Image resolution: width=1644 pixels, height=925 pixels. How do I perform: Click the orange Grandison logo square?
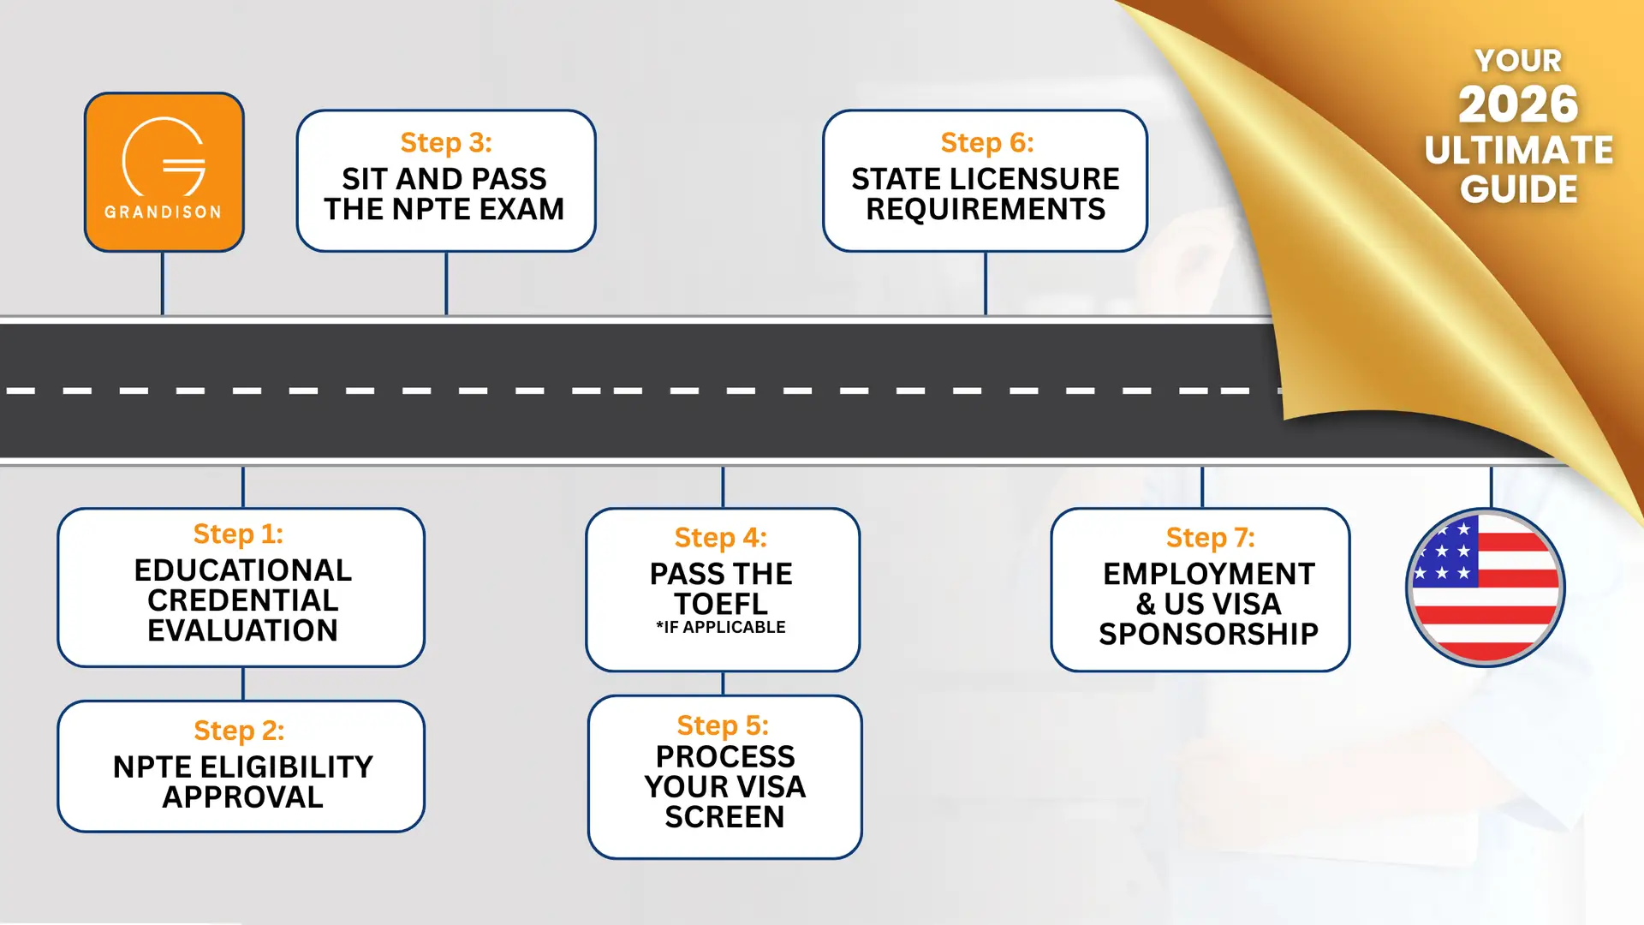tap(164, 171)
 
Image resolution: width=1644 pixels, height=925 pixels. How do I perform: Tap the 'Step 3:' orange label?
tap(445, 142)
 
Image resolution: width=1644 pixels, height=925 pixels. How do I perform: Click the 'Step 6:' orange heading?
tap(986, 142)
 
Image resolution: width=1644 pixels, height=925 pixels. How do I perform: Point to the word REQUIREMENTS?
tap(986, 209)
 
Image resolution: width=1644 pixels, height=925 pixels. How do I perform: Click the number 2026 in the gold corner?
tap(1518, 104)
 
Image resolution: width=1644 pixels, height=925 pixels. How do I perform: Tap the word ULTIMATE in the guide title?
tap(1518, 150)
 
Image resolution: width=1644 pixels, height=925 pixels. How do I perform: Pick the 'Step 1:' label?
tap(238, 534)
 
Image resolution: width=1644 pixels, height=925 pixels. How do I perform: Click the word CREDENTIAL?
tap(242, 600)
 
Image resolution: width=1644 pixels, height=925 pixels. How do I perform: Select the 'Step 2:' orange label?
tap(239, 731)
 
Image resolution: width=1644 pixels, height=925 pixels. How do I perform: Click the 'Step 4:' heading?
tap(720, 537)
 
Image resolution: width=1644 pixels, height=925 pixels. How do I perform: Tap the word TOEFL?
tap(721, 604)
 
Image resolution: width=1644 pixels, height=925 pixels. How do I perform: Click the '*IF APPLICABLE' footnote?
tap(721, 627)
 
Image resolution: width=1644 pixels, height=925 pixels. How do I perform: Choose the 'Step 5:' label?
tap(723, 725)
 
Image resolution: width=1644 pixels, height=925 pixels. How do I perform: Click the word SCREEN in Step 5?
tap(724, 817)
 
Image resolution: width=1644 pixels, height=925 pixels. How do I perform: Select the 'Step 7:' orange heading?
tap(1210, 537)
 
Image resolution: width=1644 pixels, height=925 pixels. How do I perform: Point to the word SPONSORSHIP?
tap(1208, 634)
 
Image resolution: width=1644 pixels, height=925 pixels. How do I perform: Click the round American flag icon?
tap(1485, 588)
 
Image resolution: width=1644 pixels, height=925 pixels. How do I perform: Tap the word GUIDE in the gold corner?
tap(1518, 189)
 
